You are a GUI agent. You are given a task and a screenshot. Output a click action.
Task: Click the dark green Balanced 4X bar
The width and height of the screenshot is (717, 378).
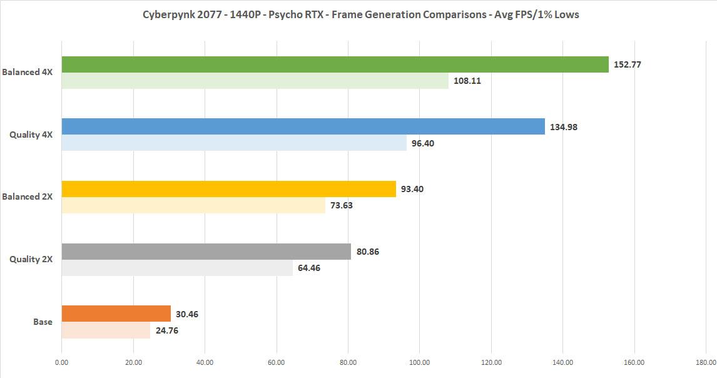[335, 64]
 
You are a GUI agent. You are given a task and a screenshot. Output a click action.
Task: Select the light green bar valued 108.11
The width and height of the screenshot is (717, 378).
[255, 81]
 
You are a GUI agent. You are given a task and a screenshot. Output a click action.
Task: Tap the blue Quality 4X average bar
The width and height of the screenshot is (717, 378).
[303, 126]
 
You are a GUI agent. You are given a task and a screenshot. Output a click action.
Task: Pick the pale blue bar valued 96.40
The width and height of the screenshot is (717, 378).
[234, 143]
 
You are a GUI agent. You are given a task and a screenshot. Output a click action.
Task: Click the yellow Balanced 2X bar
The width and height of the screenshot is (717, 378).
[228, 189]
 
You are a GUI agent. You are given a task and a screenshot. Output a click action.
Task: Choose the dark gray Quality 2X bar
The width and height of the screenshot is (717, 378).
[206, 252]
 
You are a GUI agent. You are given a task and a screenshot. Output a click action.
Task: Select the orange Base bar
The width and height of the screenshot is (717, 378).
[116, 314]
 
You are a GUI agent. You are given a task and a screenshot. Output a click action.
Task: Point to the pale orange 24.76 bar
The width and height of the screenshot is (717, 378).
[106, 330]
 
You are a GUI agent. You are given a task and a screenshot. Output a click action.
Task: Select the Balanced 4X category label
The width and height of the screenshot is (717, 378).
[28, 72]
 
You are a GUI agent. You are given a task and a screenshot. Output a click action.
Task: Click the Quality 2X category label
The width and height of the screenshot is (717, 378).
[31, 259]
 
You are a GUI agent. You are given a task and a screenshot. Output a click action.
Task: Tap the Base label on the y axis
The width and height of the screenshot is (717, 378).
[43, 322]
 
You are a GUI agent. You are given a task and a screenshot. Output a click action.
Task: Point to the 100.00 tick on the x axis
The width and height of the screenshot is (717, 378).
[419, 362]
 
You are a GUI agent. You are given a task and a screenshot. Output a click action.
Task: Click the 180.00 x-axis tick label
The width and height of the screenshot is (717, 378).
[705, 362]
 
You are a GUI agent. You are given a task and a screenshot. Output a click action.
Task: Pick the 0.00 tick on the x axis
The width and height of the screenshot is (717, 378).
[61, 362]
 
